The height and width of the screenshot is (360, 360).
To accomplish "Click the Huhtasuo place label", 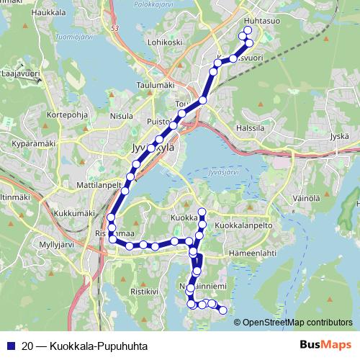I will [261, 22].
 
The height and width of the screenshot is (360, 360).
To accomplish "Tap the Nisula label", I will [122, 115].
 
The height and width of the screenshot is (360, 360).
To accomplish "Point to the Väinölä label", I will [306, 197].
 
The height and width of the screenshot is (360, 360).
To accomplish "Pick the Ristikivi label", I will [143, 292].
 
